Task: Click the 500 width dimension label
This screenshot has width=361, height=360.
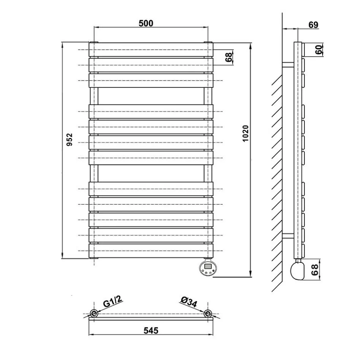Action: [146, 23]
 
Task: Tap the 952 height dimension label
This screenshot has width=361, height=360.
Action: [69, 139]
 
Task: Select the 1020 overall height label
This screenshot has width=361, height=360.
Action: [245, 133]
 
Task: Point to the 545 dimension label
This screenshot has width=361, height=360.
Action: [151, 330]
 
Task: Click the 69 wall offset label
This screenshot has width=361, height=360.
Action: [313, 25]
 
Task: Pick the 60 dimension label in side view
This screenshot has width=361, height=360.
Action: [318, 50]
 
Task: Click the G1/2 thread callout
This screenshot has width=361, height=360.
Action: [112, 302]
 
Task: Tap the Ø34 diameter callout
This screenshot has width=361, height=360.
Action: [189, 302]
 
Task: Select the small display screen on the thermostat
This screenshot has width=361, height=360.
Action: [208, 266]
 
